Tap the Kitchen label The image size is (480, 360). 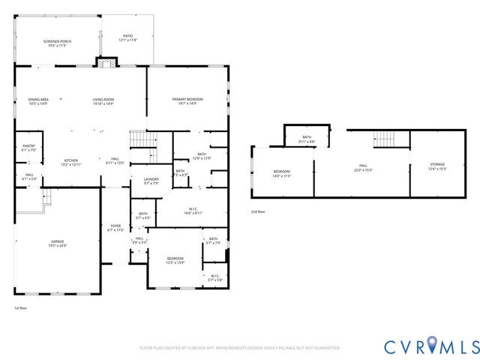point(71,161)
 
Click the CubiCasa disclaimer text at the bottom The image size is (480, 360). point(240,348)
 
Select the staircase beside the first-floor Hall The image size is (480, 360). point(138,139)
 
